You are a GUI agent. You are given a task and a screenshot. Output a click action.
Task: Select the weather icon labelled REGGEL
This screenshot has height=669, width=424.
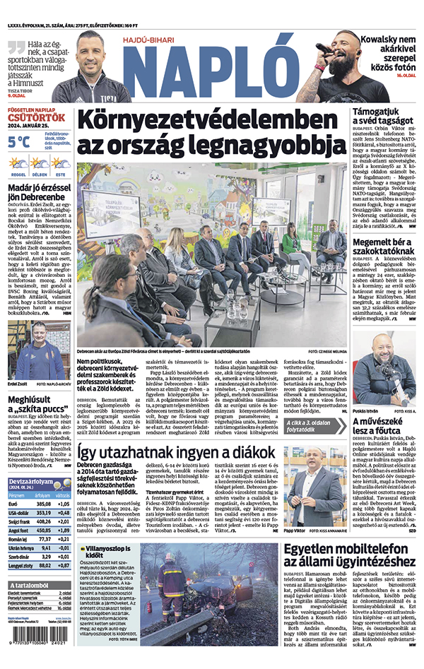point(18,164)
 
